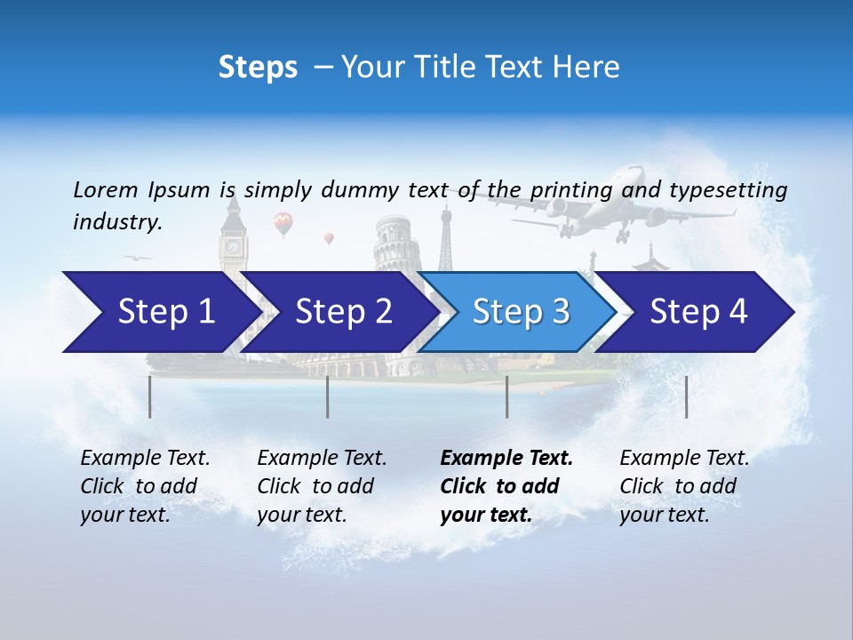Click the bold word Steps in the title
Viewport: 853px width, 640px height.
[x=258, y=67]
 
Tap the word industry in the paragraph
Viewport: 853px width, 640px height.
[x=116, y=222]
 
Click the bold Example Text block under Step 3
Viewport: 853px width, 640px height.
[x=506, y=486]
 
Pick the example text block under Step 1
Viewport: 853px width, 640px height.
[x=145, y=486]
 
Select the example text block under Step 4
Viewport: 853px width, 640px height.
[x=683, y=486]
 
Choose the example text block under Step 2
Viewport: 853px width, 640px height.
[x=322, y=486]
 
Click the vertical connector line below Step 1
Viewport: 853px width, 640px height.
[x=149, y=396]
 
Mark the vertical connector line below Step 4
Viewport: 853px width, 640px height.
[x=686, y=396]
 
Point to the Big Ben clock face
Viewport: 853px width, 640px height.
[x=233, y=245]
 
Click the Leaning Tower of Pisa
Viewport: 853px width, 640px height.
[x=392, y=244]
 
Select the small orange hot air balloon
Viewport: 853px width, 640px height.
[x=329, y=238]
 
